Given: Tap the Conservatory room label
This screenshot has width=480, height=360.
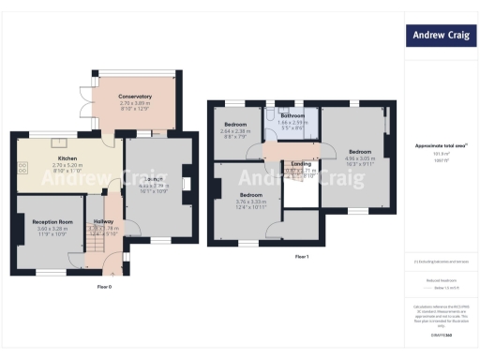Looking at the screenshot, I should (135, 97).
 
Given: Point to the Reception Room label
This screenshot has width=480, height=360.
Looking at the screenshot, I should (53, 221).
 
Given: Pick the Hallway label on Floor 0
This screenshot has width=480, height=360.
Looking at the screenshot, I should (101, 221).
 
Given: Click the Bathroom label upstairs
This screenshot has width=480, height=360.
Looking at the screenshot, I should (292, 115).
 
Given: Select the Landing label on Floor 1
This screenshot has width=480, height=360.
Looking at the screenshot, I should (301, 164).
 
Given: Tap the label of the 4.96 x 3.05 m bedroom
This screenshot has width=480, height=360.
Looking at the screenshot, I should (361, 151).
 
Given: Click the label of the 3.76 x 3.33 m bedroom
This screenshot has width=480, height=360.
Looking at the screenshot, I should (250, 195).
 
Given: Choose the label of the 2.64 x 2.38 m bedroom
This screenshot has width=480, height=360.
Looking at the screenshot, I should (235, 125).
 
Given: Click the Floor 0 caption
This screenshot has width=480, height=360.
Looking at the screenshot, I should (103, 285).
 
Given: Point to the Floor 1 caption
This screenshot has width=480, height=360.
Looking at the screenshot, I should (301, 255).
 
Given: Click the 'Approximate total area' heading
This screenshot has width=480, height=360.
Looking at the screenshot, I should (441, 145).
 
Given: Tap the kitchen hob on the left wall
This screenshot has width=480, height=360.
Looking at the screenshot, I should (21, 168).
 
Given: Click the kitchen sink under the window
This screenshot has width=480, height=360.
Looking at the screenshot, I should (57, 142).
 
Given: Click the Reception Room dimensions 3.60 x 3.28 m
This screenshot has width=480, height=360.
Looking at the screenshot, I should (53, 229).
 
